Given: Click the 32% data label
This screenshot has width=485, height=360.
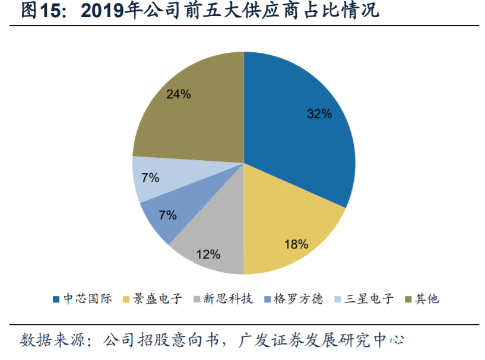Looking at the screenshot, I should [319, 114].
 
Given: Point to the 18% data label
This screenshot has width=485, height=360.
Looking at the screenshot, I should [296, 244].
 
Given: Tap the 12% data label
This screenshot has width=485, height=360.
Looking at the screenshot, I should [208, 254].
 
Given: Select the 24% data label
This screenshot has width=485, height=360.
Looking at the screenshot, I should [179, 94].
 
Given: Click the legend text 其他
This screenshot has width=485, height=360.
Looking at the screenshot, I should [426, 299].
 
